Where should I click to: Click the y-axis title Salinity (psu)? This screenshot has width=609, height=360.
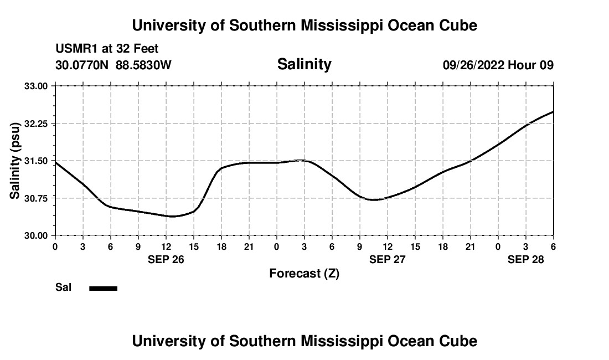tap(15, 161)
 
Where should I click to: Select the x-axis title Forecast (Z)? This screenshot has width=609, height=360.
tap(304, 273)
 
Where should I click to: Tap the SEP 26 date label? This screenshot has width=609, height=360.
tap(166, 259)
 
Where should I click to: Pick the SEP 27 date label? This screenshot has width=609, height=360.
tap(388, 259)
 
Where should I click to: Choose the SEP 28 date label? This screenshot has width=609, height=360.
tap(526, 259)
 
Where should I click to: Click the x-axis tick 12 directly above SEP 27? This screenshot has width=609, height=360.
tap(388, 246)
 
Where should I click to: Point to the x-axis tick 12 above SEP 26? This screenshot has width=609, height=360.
tap(166, 246)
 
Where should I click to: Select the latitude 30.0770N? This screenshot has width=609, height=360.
tap(82, 65)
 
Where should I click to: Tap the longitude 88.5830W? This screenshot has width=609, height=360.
tap(143, 65)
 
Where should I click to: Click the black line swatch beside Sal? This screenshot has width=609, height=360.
tap(104, 288)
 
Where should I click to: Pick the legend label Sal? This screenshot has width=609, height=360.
tap(63, 287)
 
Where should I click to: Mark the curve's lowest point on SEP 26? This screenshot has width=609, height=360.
tap(173, 217)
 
